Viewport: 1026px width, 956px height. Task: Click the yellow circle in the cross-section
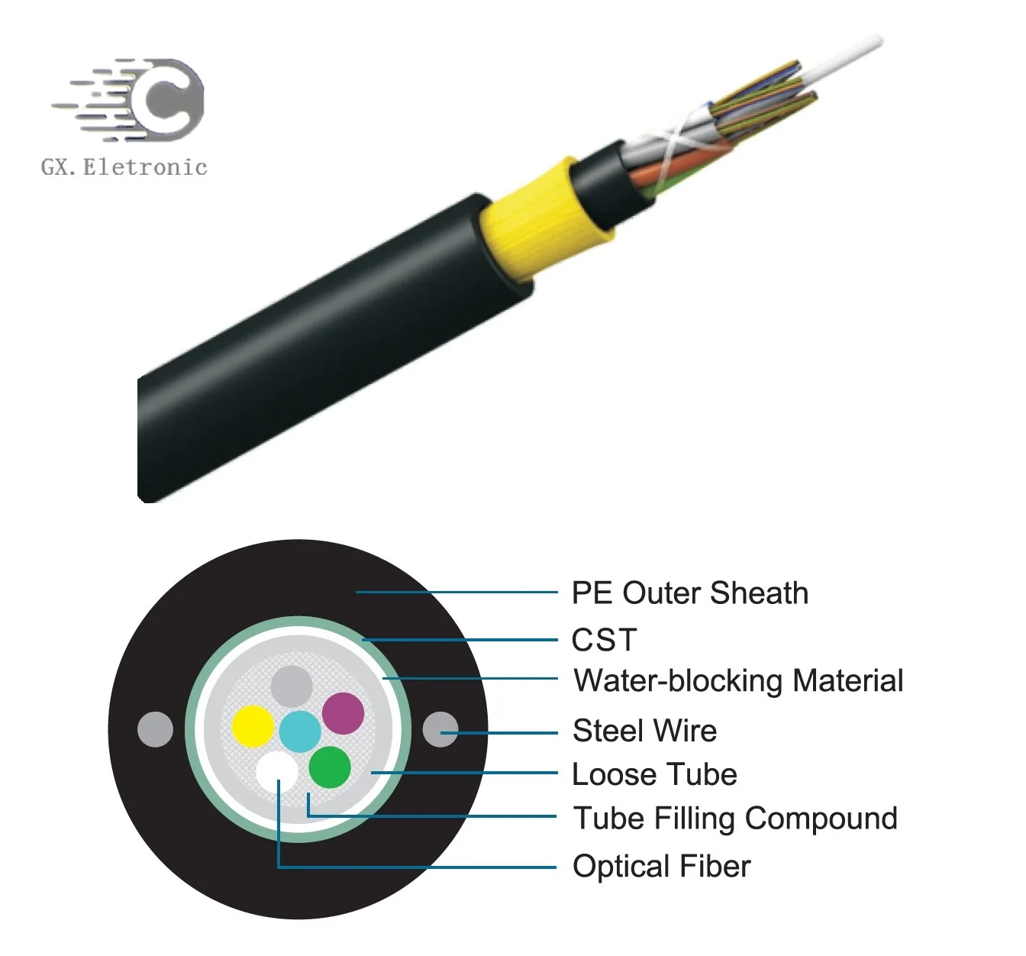pos(253,725)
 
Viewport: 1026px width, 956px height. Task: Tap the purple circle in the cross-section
pos(343,712)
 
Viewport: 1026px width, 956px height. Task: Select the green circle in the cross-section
pos(330,767)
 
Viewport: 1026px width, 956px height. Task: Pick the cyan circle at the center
pos(300,731)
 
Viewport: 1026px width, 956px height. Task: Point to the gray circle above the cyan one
pos(292,686)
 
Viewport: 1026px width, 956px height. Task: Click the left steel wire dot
pos(156,729)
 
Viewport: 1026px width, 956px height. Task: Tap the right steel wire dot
pos(440,729)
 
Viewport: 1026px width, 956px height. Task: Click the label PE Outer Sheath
pos(689,593)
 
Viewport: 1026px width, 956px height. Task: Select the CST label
pos(604,640)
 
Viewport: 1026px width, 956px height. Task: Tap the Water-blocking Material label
pos(738,680)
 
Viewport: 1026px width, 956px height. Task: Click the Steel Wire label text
pos(645,731)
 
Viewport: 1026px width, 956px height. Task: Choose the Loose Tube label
pos(654,774)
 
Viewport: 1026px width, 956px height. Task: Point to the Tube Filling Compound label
pos(735,818)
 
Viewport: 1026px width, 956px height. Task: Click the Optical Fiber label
pos(661,866)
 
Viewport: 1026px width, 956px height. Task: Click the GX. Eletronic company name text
pos(124,166)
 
